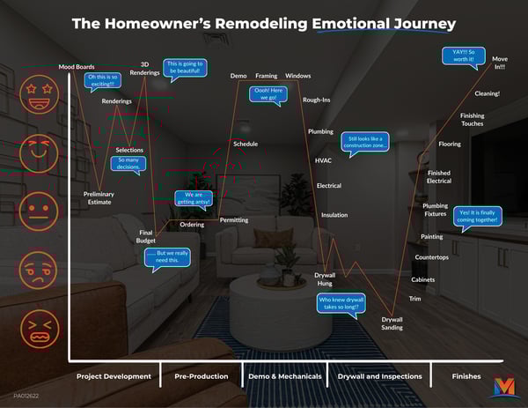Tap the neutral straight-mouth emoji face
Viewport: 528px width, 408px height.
pos(39,212)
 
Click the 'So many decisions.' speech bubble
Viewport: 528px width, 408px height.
pos(128,166)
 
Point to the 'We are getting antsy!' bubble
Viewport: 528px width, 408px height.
pos(193,201)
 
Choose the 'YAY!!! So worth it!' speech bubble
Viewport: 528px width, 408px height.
pos(464,57)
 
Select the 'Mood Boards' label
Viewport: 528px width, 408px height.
pos(77,67)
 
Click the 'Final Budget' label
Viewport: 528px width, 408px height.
pos(146,236)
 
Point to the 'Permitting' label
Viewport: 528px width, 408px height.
pos(233,219)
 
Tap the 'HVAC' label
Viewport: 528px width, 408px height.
pos(323,161)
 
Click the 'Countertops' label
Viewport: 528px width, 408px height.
pos(431,257)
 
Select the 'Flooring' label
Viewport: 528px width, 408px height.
pos(449,144)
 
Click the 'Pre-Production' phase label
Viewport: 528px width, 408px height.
pos(202,376)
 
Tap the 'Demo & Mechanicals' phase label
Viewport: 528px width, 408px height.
pos(283,376)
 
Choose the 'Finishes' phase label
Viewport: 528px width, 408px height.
pos(466,376)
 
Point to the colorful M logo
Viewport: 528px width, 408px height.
pos(504,386)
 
